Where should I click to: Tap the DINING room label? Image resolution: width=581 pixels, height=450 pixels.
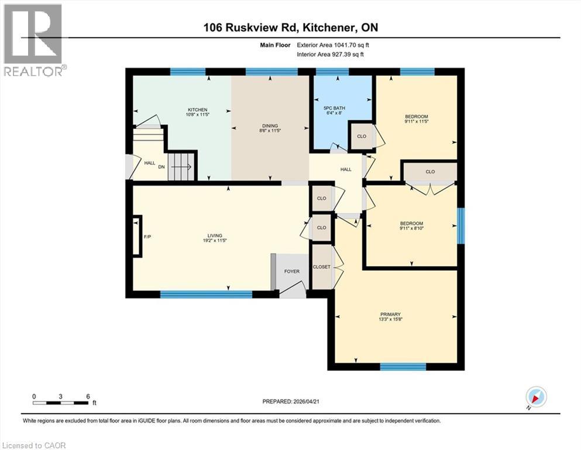tap(270, 125)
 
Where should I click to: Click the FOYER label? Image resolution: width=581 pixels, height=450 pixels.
tap(292, 271)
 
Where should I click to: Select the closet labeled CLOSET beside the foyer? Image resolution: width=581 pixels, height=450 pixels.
tap(321, 267)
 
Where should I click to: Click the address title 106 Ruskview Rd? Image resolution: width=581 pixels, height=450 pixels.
tap(290, 28)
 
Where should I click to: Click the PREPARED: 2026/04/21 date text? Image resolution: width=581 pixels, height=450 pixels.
tap(291, 401)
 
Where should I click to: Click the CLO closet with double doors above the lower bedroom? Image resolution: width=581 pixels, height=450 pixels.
tap(430, 172)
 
